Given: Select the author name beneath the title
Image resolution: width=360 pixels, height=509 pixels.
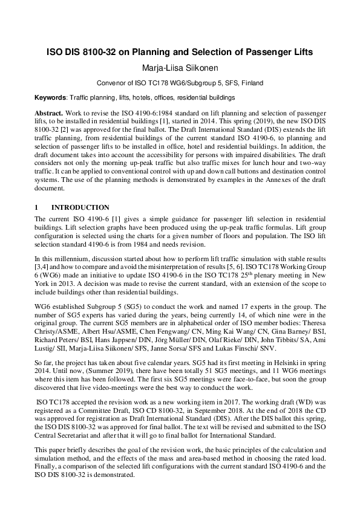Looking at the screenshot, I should (180, 68).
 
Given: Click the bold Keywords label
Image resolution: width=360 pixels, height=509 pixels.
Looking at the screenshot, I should (51, 97).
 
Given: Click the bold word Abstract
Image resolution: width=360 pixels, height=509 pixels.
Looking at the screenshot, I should (48, 113).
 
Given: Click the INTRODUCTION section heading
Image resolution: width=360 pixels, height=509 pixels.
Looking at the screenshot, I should (80, 207).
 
